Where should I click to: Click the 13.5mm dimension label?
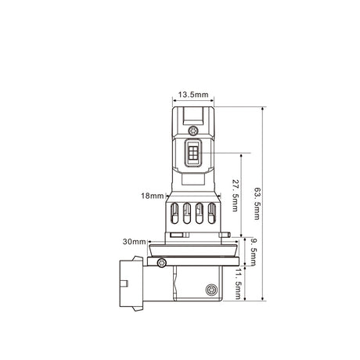[x=193, y=95]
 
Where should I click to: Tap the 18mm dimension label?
[x=153, y=196]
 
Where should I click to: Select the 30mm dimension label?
[x=134, y=242]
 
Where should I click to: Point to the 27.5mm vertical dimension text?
[x=235, y=195]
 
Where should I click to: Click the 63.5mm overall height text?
[x=257, y=203]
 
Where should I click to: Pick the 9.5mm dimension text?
[x=253, y=252]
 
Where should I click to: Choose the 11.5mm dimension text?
[x=237, y=283]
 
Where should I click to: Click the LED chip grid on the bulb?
[x=193, y=153]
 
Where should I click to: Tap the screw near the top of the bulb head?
[x=193, y=131]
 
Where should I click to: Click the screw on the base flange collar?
[x=162, y=262]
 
